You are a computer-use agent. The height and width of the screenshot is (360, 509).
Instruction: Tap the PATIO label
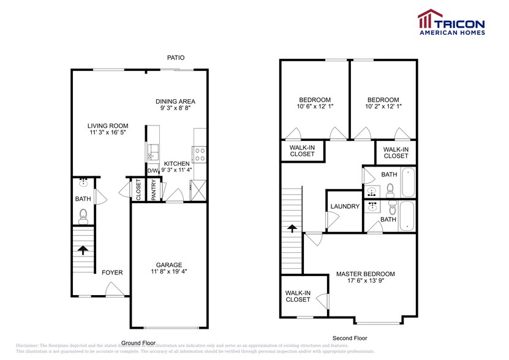click(x=176, y=58)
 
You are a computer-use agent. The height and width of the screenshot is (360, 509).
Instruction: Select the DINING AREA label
click(x=175, y=102)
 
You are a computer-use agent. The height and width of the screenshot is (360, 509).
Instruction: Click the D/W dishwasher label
click(x=152, y=171)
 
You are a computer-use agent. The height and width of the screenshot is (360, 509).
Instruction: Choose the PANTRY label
click(x=154, y=190)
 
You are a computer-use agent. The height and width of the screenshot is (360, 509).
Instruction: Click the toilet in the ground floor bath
click(x=83, y=215)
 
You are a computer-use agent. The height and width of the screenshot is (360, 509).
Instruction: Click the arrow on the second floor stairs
click(x=292, y=228)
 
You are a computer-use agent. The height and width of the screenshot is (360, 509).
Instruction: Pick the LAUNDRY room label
click(x=345, y=206)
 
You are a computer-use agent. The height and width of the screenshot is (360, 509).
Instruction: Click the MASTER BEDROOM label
click(x=365, y=274)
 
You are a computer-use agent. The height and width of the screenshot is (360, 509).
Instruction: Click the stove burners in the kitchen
click(x=199, y=153)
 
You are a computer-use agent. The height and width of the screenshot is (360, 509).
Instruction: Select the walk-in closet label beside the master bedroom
click(x=298, y=296)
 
